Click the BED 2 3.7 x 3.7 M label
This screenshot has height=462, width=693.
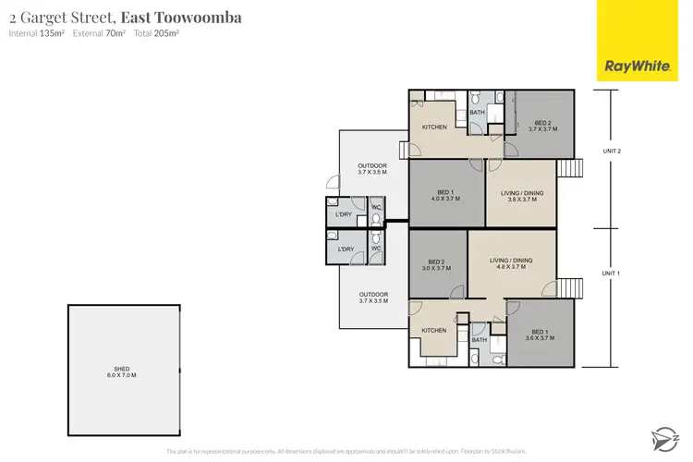point(542,127)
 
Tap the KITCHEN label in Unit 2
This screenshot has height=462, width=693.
point(434,127)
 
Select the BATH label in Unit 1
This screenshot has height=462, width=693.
point(479,340)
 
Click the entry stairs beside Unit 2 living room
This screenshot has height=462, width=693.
point(569,169)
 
